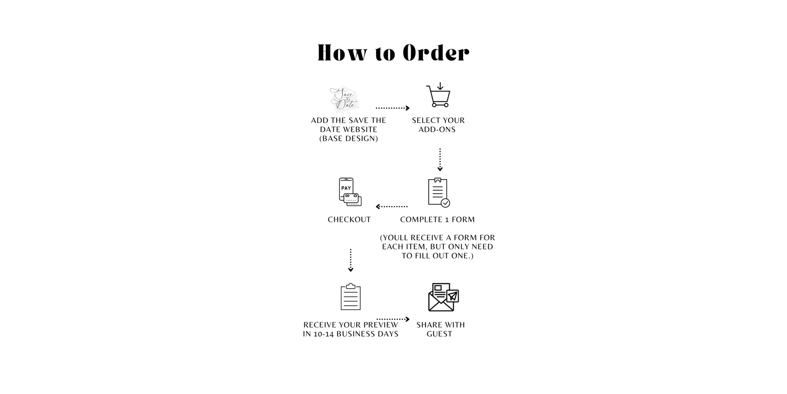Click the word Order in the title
pyautogui.click(x=436, y=53)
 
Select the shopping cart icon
pyautogui.click(x=439, y=96)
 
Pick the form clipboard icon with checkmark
pyautogui.click(x=439, y=193)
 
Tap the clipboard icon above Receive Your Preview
pyautogui.click(x=350, y=297)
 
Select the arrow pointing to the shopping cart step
pyautogui.click(x=392, y=108)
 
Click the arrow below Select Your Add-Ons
pyautogui.click(x=440, y=160)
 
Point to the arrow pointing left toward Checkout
pyautogui.click(x=392, y=206)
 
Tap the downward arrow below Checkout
pyautogui.click(x=350, y=261)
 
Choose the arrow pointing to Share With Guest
pyautogui.click(x=393, y=319)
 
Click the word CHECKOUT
pyautogui.click(x=349, y=220)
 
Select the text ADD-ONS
pyautogui.click(x=437, y=130)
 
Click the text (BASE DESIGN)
pyautogui.click(x=349, y=139)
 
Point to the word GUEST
pyautogui.click(x=439, y=334)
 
